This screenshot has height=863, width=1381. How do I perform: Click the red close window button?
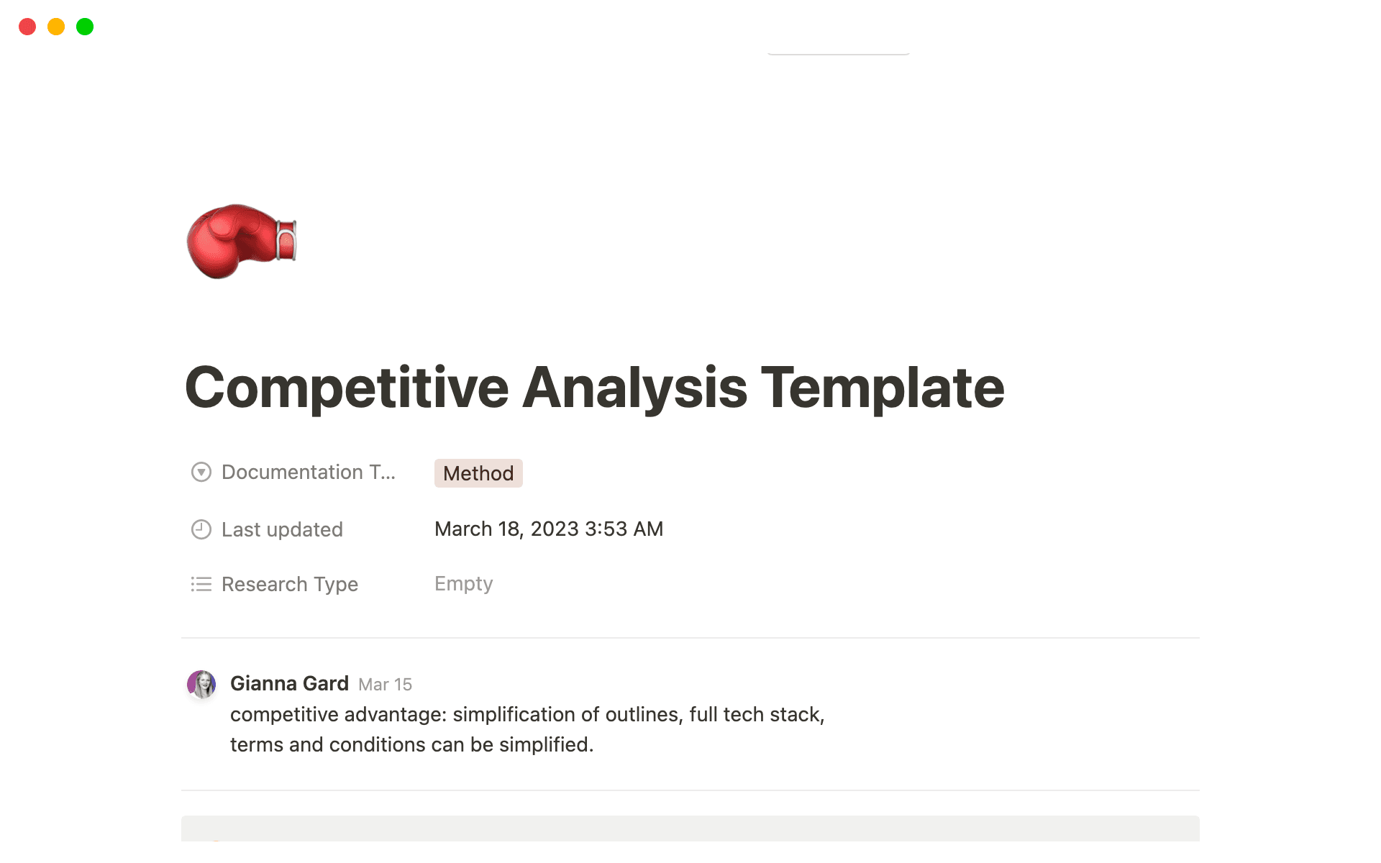pyautogui.click(x=27, y=27)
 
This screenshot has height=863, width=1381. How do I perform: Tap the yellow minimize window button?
pyautogui.click(x=56, y=27)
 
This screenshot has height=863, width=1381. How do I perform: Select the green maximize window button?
pyautogui.click(x=85, y=27)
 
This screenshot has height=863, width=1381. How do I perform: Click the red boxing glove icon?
pyautogui.click(x=241, y=242)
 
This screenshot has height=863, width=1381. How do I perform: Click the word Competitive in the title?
pyautogui.click(x=347, y=388)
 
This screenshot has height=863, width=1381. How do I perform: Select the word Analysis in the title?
pyautogui.click(x=635, y=388)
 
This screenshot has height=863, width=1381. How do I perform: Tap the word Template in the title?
pyautogui.click(x=883, y=388)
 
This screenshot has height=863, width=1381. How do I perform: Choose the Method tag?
pyautogui.click(x=478, y=473)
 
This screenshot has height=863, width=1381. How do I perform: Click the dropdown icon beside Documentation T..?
pyautogui.click(x=201, y=472)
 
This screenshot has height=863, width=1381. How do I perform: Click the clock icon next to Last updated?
pyautogui.click(x=201, y=529)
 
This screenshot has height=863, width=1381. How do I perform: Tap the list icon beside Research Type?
pyautogui.click(x=201, y=584)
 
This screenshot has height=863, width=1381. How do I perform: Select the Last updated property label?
pyautogui.click(x=282, y=529)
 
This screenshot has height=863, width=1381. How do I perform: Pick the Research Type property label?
pyautogui.click(x=290, y=584)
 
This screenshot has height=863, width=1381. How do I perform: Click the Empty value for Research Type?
pyautogui.click(x=464, y=583)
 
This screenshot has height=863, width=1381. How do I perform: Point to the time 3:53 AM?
pyautogui.click(x=624, y=529)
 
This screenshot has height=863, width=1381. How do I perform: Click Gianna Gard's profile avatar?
pyautogui.click(x=201, y=685)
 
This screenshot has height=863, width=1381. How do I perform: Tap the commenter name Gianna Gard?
pyautogui.click(x=289, y=683)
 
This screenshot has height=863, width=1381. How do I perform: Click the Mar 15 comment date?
pyautogui.click(x=386, y=685)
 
